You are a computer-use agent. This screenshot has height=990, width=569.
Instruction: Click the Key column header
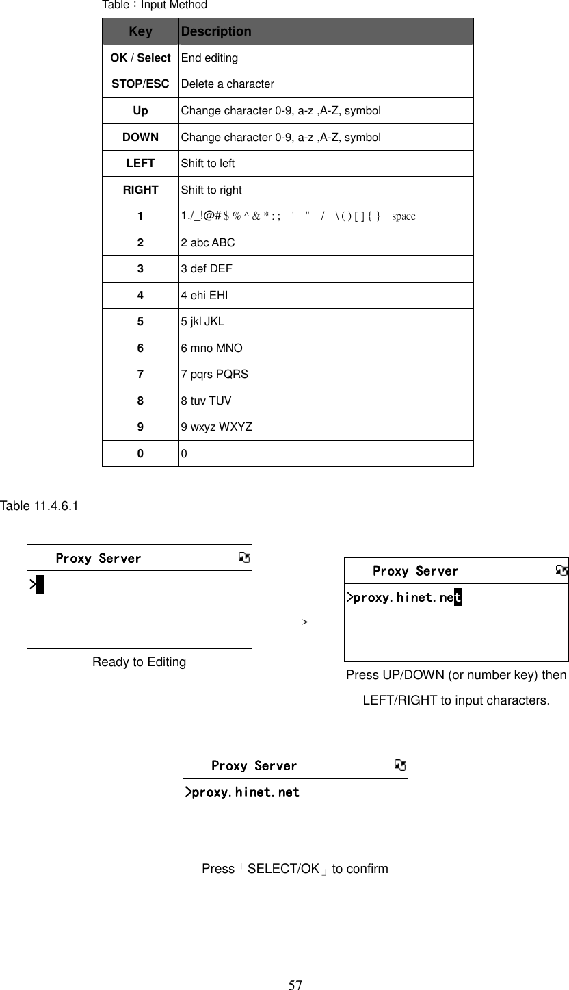coord(140,31)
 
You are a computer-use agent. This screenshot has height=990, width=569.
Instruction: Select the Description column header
coord(216,31)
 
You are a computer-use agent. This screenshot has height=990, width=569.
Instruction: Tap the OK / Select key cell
coord(140,58)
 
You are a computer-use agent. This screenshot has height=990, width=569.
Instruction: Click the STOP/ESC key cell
coord(140,84)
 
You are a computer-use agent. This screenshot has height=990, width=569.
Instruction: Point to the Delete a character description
coord(227,84)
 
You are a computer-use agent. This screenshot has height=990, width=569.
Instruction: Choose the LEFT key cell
coord(140,164)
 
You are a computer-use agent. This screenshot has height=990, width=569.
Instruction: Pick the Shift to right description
coord(211,190)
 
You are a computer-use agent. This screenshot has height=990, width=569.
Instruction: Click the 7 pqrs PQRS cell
coord(214,375)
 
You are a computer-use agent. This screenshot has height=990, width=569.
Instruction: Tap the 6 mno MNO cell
coord(211,348)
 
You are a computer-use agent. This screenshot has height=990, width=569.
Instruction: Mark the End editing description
coord(209,58)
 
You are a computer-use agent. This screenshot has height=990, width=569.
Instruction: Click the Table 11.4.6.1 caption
coord(39,506)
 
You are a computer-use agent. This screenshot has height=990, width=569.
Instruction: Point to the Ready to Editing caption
coord(139,662)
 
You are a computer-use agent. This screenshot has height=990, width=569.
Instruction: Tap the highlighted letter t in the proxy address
coord(458,598)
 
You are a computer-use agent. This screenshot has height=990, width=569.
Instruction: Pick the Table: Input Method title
coord(155,5)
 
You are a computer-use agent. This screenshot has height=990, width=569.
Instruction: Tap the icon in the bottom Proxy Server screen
coord(401,765)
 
